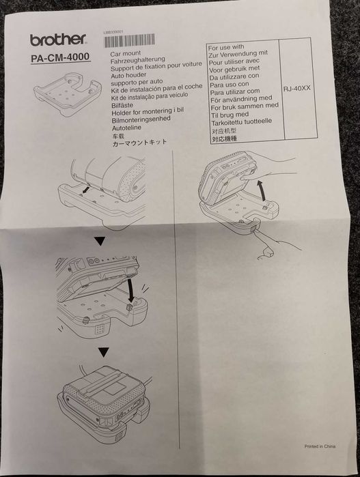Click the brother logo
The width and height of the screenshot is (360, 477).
pos(58,40)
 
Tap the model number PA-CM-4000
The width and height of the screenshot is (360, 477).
pos(60,57)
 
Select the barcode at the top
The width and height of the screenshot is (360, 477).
pos(130,40)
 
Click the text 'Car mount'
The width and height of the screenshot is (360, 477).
pos(126,54)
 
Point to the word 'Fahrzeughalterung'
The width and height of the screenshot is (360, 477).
pos(138,60)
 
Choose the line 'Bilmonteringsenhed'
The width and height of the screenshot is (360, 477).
pos(141,119)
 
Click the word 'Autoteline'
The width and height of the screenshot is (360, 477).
pos(126,128)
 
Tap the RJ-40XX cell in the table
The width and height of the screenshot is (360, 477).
pos(296,88)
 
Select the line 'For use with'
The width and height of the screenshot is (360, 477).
pos(226,48)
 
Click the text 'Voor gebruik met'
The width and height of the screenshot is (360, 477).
pos(234,69)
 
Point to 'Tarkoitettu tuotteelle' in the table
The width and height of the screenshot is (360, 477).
pos(242,121)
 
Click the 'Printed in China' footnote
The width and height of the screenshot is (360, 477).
pos(320,446)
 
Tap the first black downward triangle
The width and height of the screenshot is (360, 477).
pos(100,242)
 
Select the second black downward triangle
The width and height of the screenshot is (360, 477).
pos(104,353)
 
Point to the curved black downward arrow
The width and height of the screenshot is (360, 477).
pos(130,290)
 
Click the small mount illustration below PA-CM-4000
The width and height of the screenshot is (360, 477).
pos(68,93)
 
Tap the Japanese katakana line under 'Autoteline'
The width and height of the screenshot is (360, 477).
pos(139,143)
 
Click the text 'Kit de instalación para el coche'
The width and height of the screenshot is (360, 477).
pos(156,89)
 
